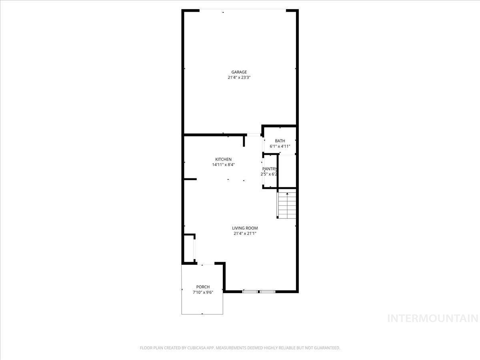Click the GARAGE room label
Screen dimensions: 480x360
coord(239,72)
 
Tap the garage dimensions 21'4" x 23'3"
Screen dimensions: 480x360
coord(239,77)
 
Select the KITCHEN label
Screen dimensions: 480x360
coord(223,159)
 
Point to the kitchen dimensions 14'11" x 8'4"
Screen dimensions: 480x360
coord(223,164)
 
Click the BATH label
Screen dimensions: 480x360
coord(280,141)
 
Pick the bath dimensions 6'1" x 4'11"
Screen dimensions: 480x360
coord(280,146)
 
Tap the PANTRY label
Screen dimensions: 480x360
coord(270,169)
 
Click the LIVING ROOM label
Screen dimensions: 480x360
coord(245,228)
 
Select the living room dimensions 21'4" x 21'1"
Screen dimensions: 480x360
coord(245,234)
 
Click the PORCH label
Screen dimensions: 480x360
coord(203,287)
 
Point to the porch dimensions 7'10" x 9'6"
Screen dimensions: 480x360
coord(203,292)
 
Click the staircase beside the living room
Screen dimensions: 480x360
coord(287,205)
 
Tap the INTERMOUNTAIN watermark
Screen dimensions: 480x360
coord(433,319)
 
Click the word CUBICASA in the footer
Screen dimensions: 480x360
coord(196,348)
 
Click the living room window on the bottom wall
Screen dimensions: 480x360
coord(259,292)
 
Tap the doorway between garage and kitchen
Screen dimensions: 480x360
coord(254,135)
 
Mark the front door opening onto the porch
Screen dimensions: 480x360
coord(206,264)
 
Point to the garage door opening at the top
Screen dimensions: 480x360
coord(243,10)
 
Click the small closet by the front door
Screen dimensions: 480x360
coord(189,248)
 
